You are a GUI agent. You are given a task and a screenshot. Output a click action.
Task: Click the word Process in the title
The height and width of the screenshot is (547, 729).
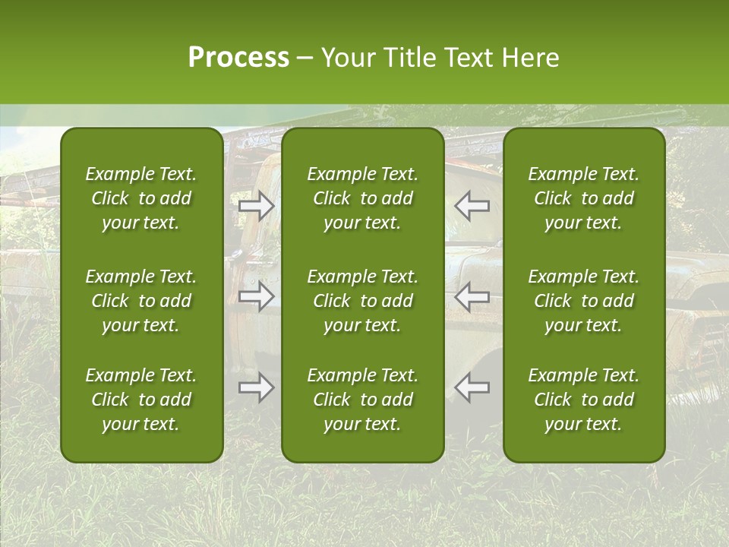[238, 58]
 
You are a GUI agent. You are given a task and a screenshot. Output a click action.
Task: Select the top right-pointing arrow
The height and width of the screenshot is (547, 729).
[256, 205]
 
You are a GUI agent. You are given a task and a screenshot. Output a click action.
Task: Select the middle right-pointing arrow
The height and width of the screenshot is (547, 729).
[256, 296]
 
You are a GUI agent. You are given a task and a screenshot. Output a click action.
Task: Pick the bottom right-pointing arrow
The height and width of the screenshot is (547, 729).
[256, 387]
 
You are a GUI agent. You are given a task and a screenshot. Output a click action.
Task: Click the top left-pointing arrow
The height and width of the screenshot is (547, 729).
[472, 205]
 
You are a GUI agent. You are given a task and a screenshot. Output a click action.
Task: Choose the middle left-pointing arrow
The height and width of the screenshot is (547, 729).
[472, 296]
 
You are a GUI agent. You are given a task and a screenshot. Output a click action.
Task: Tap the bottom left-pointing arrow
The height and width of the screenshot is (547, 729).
[472, 387]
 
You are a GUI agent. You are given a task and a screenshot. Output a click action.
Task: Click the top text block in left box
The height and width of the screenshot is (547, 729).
[141, 198]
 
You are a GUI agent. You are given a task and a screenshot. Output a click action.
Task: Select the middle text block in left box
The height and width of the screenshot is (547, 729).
[141, 301]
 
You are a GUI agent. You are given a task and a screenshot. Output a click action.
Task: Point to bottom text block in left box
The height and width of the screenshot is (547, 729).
[141, 400]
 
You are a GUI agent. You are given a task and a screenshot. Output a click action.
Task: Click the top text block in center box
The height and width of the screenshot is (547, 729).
[363, 198]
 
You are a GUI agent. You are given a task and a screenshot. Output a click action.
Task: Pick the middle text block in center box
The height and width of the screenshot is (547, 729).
[363, 301]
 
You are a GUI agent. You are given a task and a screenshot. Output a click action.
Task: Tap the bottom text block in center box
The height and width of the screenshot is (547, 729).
[363, 400]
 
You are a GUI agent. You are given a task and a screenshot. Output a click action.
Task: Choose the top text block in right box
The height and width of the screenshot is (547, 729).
[584, 198]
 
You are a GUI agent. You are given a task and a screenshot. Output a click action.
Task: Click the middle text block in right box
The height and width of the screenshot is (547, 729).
[584, 301]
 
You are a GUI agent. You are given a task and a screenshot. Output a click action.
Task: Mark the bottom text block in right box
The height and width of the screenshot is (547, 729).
[584, 400]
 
